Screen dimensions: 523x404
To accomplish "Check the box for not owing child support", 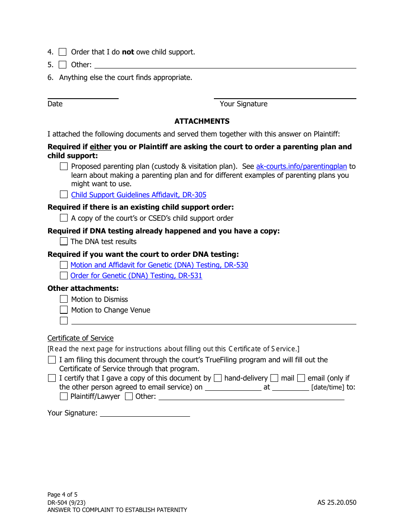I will coord(63,52).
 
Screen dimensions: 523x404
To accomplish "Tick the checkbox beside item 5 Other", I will coord(63,65).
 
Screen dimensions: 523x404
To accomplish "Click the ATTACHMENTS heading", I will coord(202,121).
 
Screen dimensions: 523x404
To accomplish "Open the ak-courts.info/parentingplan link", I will coord(302,166).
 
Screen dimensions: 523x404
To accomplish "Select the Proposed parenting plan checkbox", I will coord(64,167).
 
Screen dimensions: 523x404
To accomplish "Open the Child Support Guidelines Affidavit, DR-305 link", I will coord(139,195).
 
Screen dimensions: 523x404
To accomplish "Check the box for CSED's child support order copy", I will coord(64,218).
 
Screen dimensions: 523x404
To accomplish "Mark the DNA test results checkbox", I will coord(64,242).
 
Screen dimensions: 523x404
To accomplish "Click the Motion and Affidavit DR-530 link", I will coord(159,265).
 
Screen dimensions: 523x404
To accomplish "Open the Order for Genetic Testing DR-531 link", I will coord(136,276).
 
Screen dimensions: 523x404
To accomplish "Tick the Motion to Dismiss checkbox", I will coord(64,299).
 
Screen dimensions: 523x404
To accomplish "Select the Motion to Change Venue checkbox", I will coord(64,310).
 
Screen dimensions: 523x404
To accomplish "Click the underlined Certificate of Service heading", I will coord(80,338).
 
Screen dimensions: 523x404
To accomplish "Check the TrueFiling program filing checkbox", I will coord(52,360).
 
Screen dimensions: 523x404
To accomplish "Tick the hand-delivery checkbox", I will coord(218,378).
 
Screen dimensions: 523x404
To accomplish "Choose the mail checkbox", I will coord(274,378).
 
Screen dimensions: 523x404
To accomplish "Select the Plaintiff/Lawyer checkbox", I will coord(64,397).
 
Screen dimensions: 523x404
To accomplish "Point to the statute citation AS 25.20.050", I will coord(336,502).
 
